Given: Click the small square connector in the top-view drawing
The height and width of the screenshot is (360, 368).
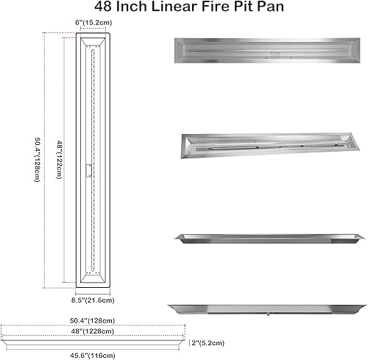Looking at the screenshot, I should click(88, 171).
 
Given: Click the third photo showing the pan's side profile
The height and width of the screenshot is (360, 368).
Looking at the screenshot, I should click(267, 238).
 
